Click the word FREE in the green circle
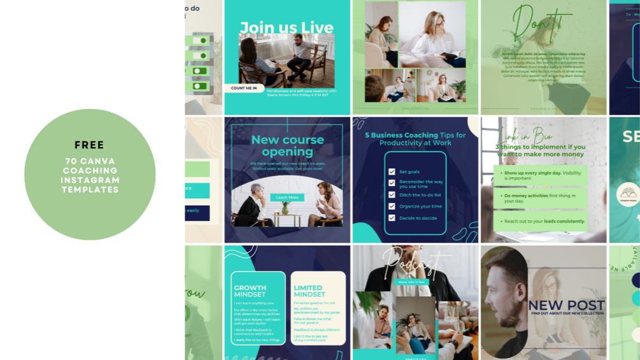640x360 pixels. [89, 145]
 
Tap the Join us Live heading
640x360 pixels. [287, 27]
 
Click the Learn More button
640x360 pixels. [287, 198]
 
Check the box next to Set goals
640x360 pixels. [392, 172]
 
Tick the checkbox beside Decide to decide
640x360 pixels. [392, 218]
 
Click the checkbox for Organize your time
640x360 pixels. [392, 206]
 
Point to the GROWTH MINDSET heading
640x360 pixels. [250, 291]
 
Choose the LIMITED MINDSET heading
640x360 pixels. [308, 291]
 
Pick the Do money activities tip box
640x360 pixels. [540, 199]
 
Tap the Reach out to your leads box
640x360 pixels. [540, 221]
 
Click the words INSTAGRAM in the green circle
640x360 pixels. [90, 180]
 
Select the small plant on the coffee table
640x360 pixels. [285, 209]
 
